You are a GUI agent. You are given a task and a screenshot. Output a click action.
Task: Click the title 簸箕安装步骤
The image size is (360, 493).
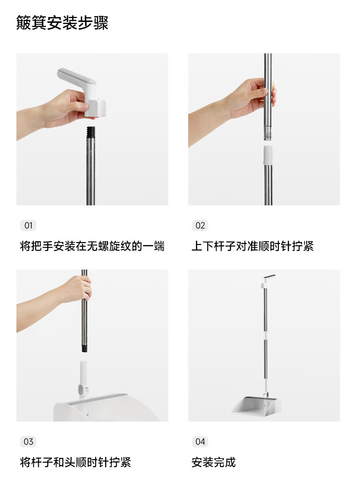click(62, 23)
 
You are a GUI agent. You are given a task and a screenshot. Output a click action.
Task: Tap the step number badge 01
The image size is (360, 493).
click(28, 225)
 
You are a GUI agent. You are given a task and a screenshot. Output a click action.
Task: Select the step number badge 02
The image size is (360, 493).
click(200, 225)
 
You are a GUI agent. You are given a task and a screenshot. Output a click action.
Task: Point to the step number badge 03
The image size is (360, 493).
click(28, 442)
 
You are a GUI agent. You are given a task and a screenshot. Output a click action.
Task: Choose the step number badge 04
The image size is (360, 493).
click(200, 442)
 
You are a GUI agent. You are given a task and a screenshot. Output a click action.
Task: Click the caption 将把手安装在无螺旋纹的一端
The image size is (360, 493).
click(93, 246)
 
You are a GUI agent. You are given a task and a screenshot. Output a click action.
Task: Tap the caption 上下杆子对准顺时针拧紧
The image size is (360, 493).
click(252, 246)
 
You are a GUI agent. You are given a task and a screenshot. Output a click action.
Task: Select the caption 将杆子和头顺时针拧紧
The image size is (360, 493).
click(75, 462)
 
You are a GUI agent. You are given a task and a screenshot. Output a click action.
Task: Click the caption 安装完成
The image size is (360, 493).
click(214, 462)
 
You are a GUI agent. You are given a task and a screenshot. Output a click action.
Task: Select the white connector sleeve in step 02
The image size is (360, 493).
click(267, 155)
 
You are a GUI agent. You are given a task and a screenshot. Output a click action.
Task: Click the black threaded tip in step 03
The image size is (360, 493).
click(84, 348)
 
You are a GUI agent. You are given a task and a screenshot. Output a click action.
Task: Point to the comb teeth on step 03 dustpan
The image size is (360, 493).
click(98, 398)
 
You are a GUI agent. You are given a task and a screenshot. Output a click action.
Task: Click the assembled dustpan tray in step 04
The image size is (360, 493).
click(256, 405)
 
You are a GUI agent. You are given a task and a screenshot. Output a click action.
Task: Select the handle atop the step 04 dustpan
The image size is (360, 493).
click(267, 280)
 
